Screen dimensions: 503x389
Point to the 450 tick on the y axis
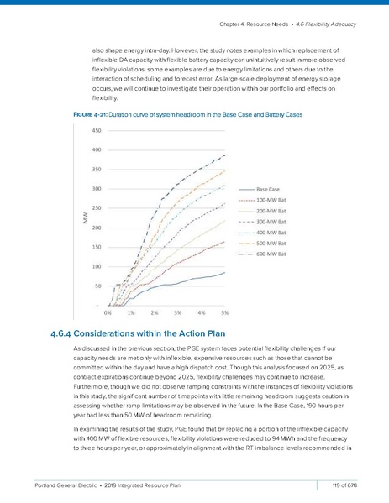pos(97,131)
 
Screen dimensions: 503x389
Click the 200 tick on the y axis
pos(97,228)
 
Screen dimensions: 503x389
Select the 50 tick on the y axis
pos(97,286)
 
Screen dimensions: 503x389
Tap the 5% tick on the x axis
pos(225,312)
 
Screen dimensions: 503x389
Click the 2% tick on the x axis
pos(155,312)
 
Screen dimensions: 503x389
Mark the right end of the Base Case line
pos(225,272)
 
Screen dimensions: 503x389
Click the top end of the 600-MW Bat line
pos(225,155)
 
